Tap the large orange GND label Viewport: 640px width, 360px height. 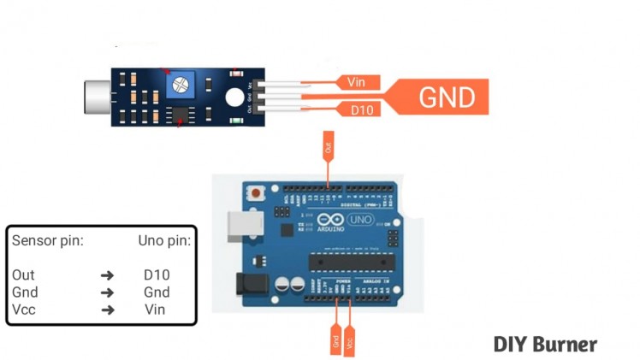[x=446, y=97]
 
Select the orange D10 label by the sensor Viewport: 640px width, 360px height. [x=359, y=109]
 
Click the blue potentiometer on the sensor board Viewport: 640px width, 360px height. [x=181, y=84]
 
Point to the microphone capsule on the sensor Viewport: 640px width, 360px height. [x=97, y=97]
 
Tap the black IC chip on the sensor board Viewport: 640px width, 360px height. [x=180, y=114]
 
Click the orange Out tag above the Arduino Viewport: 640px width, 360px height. [x=329, y=146]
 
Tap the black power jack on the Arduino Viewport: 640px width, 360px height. [x=250, y=285]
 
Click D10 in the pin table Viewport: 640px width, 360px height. [x=157, y=275]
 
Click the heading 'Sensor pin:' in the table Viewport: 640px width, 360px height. [x=47, y=241]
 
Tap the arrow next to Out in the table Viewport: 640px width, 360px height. [x=107, y=275]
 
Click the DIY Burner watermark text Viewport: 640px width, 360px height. [x=545, y=345]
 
